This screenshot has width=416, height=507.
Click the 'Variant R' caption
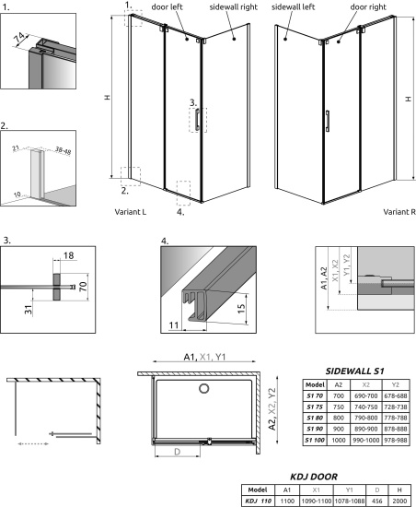pos(398,211)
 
